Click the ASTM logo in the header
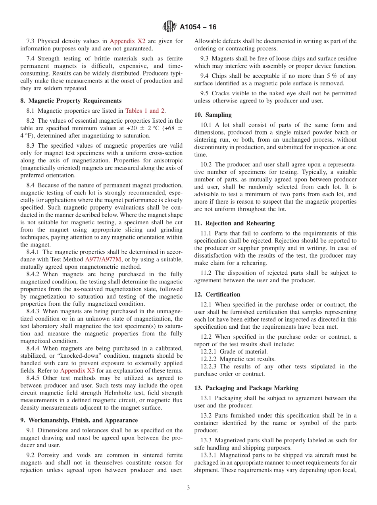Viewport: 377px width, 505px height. tap(169, 27)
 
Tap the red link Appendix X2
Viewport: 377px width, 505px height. tap(127, 41)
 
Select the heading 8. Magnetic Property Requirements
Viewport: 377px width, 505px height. tap(71, 101)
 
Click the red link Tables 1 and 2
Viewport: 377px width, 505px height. tap(145, 111)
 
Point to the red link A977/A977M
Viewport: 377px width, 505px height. tap(103, 259)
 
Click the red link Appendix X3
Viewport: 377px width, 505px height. tap(77, 370)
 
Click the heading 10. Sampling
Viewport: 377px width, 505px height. tap(213, 115)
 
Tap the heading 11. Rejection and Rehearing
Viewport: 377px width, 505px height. tap(234, 223)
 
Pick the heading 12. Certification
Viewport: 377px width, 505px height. tap(217, 294)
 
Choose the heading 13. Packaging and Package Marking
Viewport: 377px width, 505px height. tap(246, 388)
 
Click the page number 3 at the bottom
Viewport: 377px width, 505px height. tap(188, 488)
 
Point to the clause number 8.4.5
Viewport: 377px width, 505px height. tap(35, 378)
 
